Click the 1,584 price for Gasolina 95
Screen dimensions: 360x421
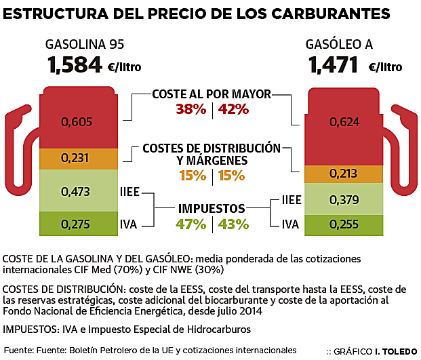[75, 66]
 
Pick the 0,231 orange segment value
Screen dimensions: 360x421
[75, 157]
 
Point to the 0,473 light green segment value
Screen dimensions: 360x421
[75, 192]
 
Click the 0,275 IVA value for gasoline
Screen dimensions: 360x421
[75, 224]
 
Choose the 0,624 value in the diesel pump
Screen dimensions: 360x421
[343, 122]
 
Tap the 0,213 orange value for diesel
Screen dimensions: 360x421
[343, 174]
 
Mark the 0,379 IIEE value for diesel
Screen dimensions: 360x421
[343, 200]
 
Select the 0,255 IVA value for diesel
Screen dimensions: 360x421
[343, 224]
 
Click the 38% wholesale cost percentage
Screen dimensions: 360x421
[191, 109]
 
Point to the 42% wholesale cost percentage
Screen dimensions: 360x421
[234, 109]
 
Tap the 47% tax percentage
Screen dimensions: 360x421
[191, 224]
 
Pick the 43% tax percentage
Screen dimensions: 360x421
[234, 224]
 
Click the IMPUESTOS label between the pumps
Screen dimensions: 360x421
[212, 209]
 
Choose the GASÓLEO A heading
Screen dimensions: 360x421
[339, 45]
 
